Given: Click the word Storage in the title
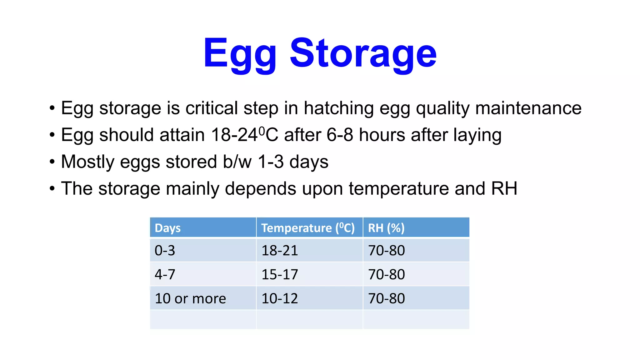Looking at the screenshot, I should [x=363, y=54].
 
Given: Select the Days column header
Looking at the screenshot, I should [x=167, y=228].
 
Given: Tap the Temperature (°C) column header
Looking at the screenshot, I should [x=308, y=228].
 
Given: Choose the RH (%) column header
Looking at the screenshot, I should [x=386, y=228].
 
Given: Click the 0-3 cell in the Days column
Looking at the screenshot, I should [x=165, y=251].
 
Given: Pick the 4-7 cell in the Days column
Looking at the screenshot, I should [x=165, y=274].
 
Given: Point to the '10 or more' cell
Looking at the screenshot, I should [x=190, y=298].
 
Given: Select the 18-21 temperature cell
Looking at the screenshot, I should [x=280, y=251].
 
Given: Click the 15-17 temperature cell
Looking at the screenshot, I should [x=280, y=274].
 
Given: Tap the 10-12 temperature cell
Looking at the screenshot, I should [x=280, y=298].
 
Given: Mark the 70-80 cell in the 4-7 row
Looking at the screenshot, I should [x=386, y=274].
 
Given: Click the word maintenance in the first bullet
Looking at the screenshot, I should [x=528, y=108].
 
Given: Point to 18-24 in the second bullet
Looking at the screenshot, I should [x=234, y=135].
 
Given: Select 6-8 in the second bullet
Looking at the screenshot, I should [x=340, y=135].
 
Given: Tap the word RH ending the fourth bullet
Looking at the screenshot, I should [x=504, y=188].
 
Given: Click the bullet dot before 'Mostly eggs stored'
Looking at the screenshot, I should [x=52, y=162].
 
